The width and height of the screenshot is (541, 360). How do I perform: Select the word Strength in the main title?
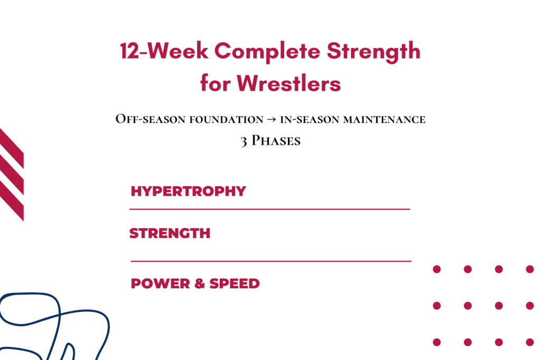tap(374, 52)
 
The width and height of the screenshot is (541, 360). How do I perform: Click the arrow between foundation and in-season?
tap(272, 120)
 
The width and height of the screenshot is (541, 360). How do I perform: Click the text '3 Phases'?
tap(270, 141)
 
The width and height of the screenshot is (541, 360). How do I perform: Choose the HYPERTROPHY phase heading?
tap(188, 191)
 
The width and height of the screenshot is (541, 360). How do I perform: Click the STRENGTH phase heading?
tap(170, 233)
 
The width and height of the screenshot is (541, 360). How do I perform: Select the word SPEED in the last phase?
tap(235, 283)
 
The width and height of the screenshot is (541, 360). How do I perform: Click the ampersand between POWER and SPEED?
tap(200, 283)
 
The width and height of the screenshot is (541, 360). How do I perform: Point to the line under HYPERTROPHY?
tap(269, 210)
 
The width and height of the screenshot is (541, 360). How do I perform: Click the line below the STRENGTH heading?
tap(270, 261)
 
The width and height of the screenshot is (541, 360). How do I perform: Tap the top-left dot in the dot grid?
tap(437, 269)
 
